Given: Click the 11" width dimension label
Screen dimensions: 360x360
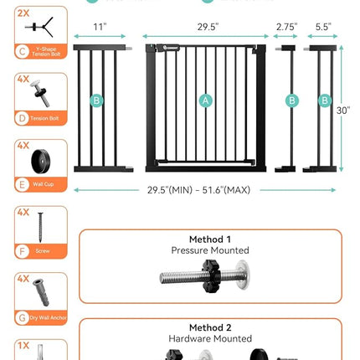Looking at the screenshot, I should coord(100,27).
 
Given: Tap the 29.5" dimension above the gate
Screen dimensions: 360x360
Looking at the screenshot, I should coord(208,27).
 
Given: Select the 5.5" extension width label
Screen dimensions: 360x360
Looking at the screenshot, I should coord(324,27).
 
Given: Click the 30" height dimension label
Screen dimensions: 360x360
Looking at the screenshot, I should coord(344,110).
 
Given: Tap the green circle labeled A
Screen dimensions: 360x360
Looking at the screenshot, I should coord(206,101).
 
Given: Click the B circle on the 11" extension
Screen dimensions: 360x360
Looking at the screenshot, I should coord(97,101).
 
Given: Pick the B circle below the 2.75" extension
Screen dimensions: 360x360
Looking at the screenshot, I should coord(292,101).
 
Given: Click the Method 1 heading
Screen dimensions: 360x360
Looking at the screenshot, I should coord(210,239).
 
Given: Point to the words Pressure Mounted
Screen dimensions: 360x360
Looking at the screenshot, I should coord(210,250).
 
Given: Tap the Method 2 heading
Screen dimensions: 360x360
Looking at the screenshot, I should coord(210,327).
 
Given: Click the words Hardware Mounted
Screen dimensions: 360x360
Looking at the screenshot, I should coord(210,339).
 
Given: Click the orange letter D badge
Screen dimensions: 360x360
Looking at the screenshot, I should coord(22,117).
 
